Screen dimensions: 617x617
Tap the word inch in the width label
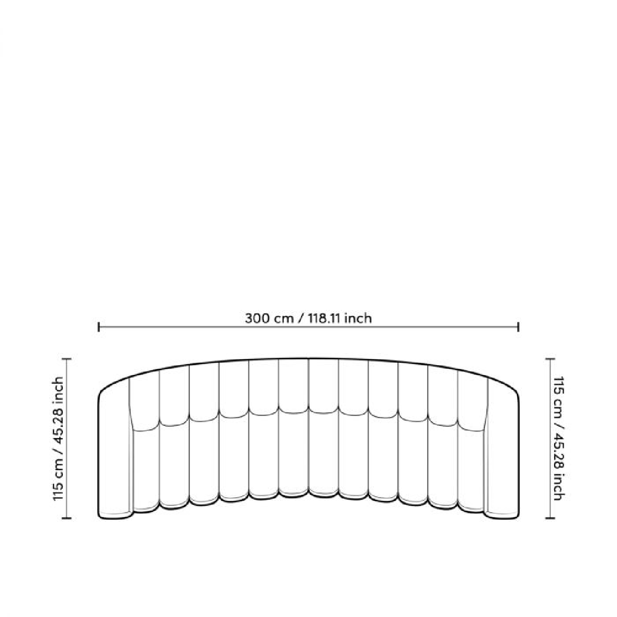(x=358, y=319)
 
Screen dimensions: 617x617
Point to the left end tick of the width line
(x=99, y=327)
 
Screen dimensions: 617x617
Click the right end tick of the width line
(x=518, y=327)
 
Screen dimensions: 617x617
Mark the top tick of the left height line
(x=66, y=359)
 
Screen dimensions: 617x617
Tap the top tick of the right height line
(x=550, y=359)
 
